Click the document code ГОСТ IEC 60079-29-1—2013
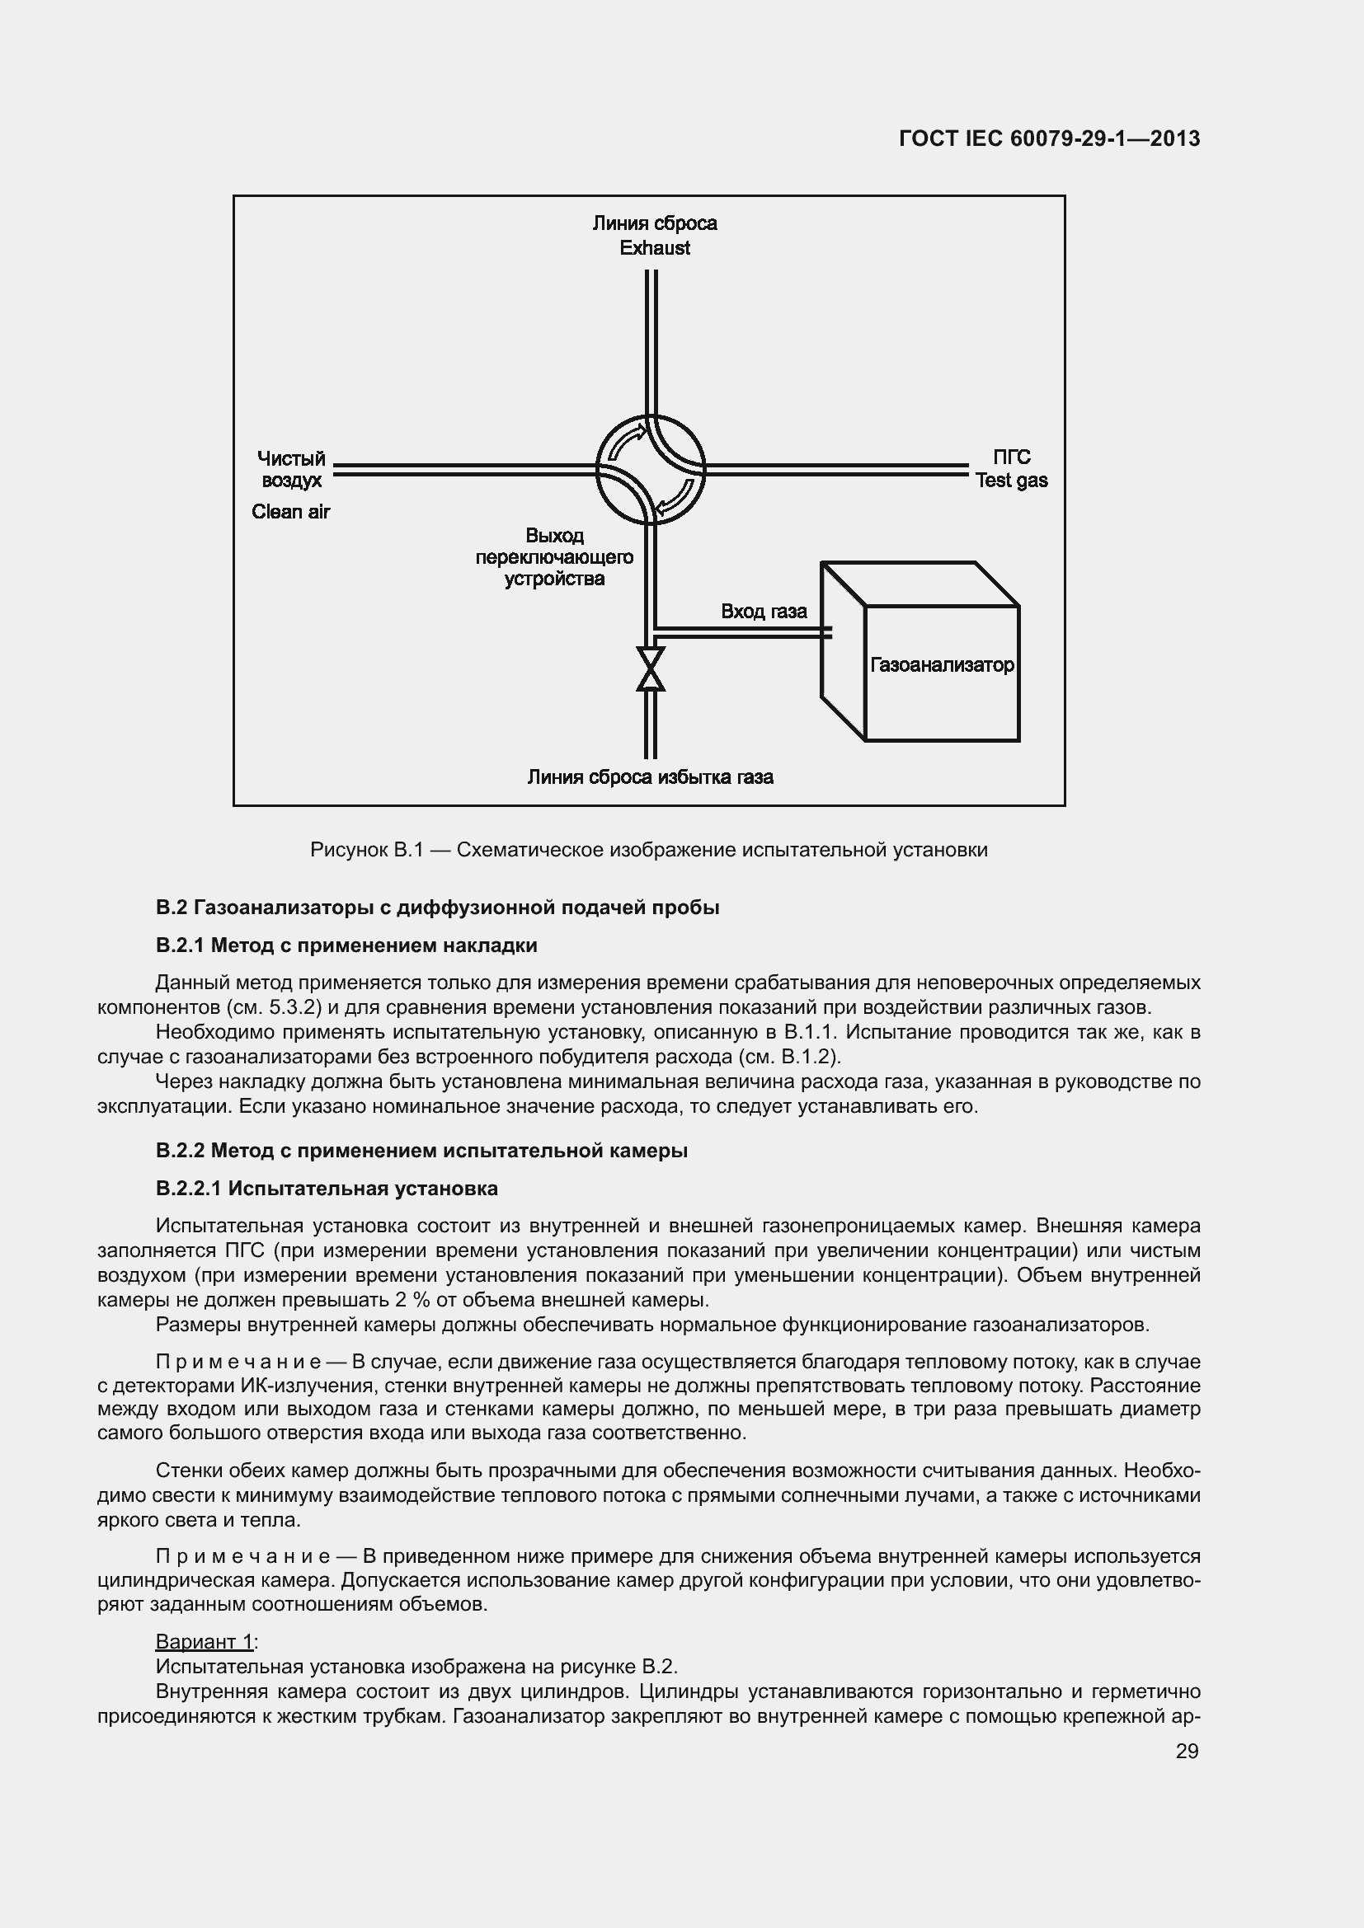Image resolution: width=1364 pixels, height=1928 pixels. (x=1048, y=138)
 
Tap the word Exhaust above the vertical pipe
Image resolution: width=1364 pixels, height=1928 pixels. (x=654, y=248)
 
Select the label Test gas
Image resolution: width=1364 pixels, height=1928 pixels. (x=1011, y=481)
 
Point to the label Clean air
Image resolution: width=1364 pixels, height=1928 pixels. (x=290, y=511)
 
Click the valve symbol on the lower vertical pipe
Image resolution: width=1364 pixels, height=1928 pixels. (x=650, y=668)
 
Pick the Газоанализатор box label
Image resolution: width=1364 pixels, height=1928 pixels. (x=942, y=665)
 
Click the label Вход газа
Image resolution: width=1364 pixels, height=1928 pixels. (x=764, y=612)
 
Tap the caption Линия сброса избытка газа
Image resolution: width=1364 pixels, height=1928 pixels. (x=650, y=776)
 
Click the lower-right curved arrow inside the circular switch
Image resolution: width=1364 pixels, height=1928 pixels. (x=676, y=500)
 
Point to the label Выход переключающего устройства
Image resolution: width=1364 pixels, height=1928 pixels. (x=554, y=556)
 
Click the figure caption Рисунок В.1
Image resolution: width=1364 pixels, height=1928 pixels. (x=648, y=850)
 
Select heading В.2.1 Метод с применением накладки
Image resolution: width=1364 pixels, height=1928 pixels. (x=346, y=945)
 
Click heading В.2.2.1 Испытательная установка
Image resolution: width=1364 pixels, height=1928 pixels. (x=327, y=1189)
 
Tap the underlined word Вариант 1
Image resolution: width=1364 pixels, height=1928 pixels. (x=204, y=1642)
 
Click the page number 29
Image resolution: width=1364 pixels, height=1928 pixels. (x=1187, y=1751)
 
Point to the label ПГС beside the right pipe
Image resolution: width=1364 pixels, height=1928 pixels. (x=1011, y=457)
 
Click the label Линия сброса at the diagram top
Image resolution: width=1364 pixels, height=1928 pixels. (x=654, y=223)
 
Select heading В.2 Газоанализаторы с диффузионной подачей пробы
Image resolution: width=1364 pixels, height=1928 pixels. (x=437, y=908)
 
